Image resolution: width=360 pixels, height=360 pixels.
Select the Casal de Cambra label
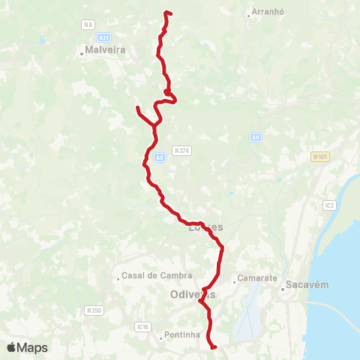coord(151,275)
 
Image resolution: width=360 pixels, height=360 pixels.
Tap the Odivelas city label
coord(193,294)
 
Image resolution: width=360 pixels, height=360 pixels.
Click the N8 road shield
coord(88,24)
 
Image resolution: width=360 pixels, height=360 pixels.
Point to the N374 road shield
coord(181,150)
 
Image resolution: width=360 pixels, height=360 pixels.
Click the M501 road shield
coord(320,156)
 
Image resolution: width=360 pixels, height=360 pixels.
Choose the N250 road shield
coord(94,310)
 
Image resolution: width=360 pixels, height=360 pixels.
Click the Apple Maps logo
coord(28,347)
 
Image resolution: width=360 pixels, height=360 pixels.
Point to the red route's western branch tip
coord(137,109)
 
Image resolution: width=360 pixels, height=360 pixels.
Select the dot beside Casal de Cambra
coord(118,278)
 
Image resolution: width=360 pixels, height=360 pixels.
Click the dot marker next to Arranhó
coord(249,14)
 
